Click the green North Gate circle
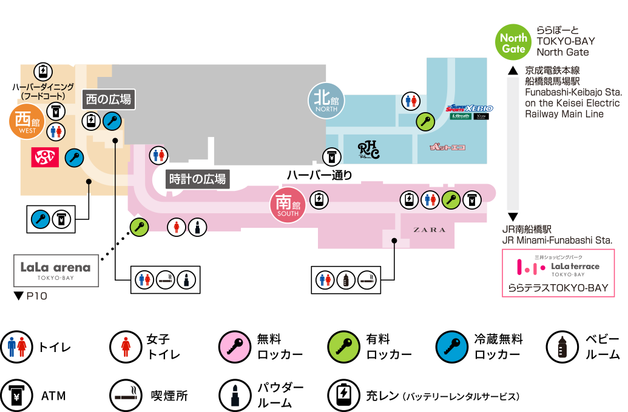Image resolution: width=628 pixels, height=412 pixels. (513, 42)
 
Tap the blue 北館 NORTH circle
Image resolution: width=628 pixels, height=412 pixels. (326, 101)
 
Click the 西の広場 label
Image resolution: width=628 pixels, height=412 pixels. (109, 99)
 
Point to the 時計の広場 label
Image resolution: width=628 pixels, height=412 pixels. (198, 179)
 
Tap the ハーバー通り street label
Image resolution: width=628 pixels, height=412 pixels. (319, 175)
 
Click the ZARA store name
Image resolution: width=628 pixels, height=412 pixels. (430, 230)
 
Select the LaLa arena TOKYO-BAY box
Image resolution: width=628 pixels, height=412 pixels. (56, 270)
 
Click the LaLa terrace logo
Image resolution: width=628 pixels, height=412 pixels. (558, 267)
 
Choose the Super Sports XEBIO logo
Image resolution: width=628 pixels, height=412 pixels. (470, 108)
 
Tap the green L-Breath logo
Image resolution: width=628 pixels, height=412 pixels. (461, 116)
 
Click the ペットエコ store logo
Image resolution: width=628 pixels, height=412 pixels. (447, 147)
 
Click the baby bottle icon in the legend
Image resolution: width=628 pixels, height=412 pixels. (562, 347)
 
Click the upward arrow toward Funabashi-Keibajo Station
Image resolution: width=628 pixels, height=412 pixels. (513, 71)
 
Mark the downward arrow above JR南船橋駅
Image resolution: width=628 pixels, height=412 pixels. (513, 217)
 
